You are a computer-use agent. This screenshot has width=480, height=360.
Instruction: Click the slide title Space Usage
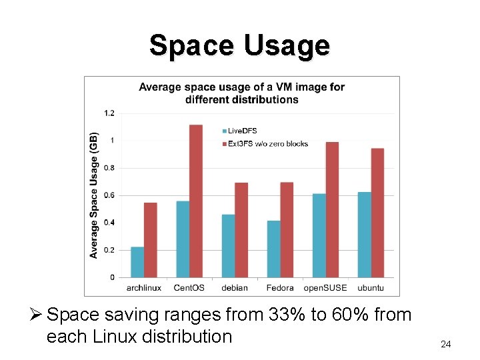point(239,45)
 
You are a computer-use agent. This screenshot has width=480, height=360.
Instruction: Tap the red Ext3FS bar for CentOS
point(196,201)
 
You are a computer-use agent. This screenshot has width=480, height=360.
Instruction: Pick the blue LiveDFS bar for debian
point(228,245)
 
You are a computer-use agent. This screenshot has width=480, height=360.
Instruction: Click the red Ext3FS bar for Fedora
point(287,229)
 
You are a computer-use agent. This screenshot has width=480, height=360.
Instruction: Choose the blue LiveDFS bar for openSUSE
point(319,235)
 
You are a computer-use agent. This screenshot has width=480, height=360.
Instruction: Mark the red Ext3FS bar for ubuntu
point(377,213)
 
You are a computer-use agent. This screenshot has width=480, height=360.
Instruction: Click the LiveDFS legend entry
point(241,131)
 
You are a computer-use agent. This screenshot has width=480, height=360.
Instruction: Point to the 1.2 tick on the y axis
point(109,113)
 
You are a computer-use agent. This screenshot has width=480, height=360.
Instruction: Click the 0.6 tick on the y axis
point(109,195)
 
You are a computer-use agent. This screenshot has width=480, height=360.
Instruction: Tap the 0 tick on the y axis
point(112,277)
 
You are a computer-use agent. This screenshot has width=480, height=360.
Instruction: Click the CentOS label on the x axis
point(189,288)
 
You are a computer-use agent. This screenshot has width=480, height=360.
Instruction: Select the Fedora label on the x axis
point(280,288)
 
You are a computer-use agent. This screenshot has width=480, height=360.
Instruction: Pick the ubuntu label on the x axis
point(371,288)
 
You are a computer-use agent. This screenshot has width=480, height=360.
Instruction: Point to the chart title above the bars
point(241,93)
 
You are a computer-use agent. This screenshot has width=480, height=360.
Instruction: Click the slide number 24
point(446,344)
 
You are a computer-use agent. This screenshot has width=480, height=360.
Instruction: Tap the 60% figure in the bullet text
point(342,314)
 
